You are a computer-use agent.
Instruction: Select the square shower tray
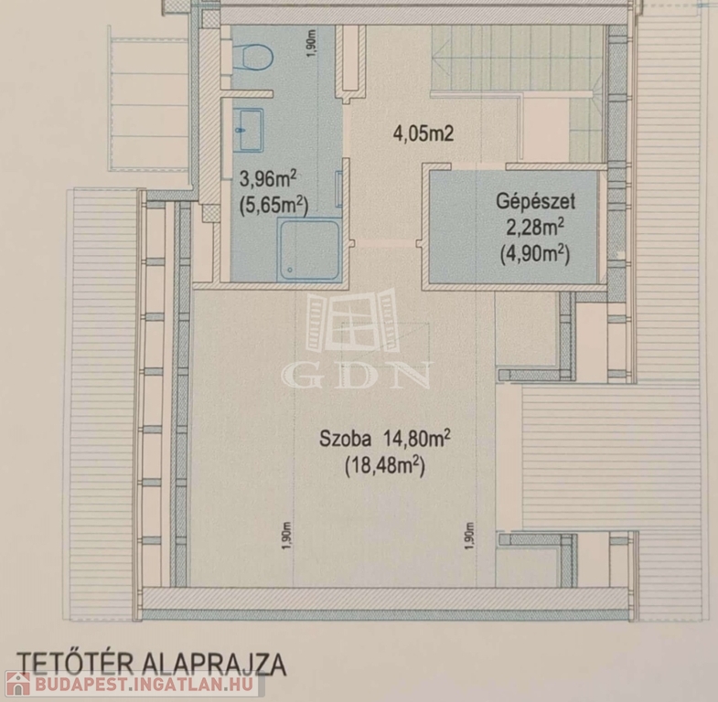(x=309, y=250)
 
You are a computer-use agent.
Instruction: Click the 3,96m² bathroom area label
(x=268, y=178)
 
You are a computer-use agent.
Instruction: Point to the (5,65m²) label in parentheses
(x=273, y=206)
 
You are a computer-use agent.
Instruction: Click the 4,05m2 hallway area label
(x=423, y=134)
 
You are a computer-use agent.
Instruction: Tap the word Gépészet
(x=535, y=201)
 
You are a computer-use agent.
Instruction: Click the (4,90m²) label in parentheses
(x=535, y=254)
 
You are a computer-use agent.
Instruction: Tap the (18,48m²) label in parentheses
(x=385, y=466)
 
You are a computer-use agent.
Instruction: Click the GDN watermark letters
(x=357, y=376)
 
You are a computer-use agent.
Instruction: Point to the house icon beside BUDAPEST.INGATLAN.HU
(x=17, y=684)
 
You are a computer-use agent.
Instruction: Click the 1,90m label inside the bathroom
(x=311, y=44)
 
